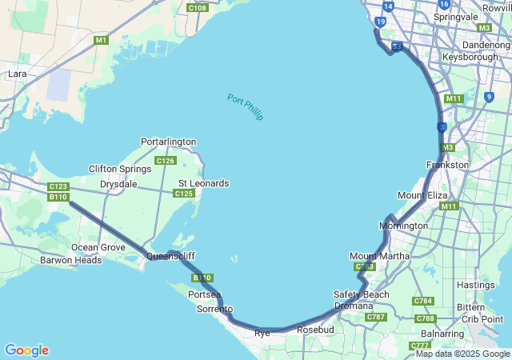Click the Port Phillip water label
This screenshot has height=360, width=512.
[x=245, y=107]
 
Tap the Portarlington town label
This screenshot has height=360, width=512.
[x=168, y=142]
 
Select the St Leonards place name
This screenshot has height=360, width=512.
[x=203, y=183]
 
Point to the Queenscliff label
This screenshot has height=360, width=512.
[x=170, y=256]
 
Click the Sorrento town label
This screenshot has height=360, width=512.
[x=214, y=309]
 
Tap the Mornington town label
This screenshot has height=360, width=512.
[x=403, y=226]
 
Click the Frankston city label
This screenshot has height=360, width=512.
[x=448, y=165]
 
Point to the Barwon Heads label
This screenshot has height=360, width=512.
[x=71, y=260]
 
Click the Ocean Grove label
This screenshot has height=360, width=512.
[x=98, y=247]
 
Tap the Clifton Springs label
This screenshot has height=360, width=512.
[x=120, y=169]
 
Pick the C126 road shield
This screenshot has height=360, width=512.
[x=166, y=161]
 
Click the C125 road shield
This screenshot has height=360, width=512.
[x=184, y=193]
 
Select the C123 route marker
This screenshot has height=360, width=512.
[x=58, y=186]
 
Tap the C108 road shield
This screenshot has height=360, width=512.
[x=197, y=8]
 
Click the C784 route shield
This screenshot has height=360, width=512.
[x=423, y=301]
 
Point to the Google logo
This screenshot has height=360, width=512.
[x=26, y=350]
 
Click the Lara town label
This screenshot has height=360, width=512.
[x=17, y=74]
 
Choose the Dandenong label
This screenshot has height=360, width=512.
[x=486, y=45]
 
